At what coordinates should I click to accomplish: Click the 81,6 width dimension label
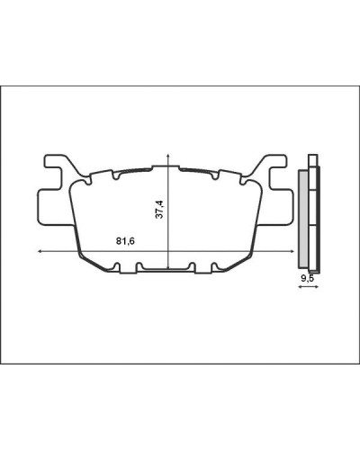(x=125, y=241)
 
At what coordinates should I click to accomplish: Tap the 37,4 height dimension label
(x=160, y=209)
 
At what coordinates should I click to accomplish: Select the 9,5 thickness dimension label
(x=307, y=279)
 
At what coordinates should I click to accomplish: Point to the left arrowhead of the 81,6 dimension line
(x=40, y=252)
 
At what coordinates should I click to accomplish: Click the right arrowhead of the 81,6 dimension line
(x=292, y=252)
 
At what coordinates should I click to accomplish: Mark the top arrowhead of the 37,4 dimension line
(x=168, y=156)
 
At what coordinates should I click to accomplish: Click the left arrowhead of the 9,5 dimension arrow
(x=300, y=287)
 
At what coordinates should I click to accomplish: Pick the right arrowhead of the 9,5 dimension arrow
(x=317, y=287)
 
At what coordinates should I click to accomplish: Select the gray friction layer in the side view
(x=303, y=219)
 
